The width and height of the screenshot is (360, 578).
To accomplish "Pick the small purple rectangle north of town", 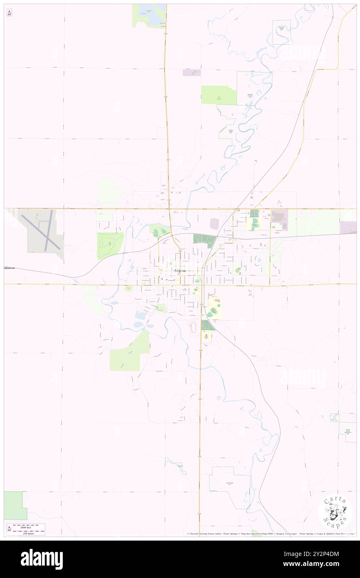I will [192, 72].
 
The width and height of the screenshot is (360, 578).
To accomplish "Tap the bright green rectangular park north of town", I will [219, 95].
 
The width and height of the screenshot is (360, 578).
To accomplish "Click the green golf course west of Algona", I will [110, 245].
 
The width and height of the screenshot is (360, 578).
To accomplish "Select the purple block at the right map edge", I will [348, 227].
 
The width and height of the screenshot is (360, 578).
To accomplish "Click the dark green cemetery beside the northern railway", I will [205, 240].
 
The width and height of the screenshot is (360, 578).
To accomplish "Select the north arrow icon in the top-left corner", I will [9, 13].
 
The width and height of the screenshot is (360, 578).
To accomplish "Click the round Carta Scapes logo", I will [335, 512].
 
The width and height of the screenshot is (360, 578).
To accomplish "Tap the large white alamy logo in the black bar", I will [42, 559].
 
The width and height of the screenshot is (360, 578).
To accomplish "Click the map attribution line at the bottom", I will [270, 534].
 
